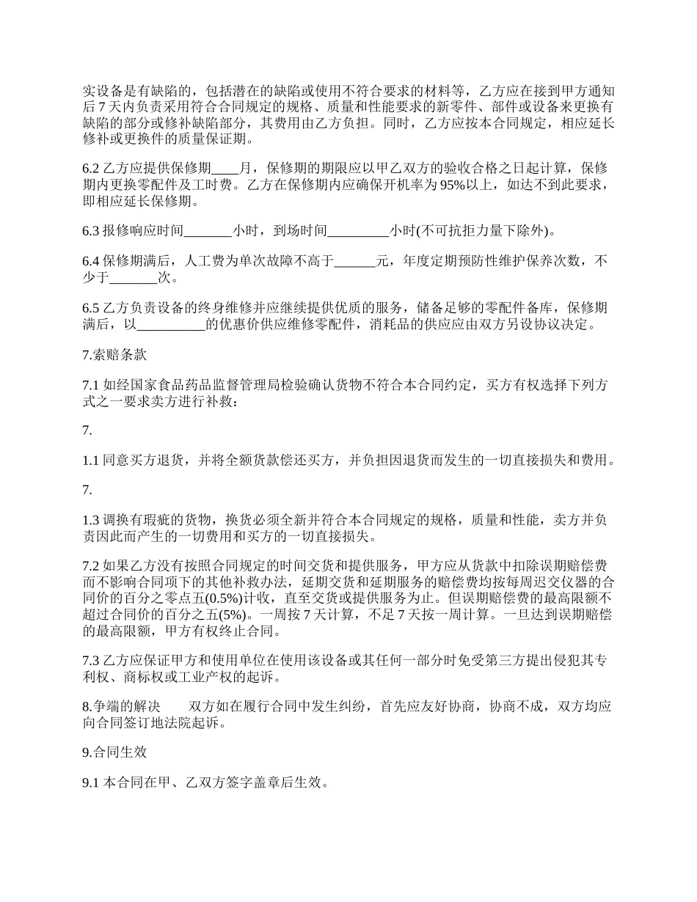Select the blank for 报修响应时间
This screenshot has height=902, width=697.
tap(208, 231)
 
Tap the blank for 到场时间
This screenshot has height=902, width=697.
tap(358, 231)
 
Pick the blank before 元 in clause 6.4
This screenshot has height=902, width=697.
tap(354, 262)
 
